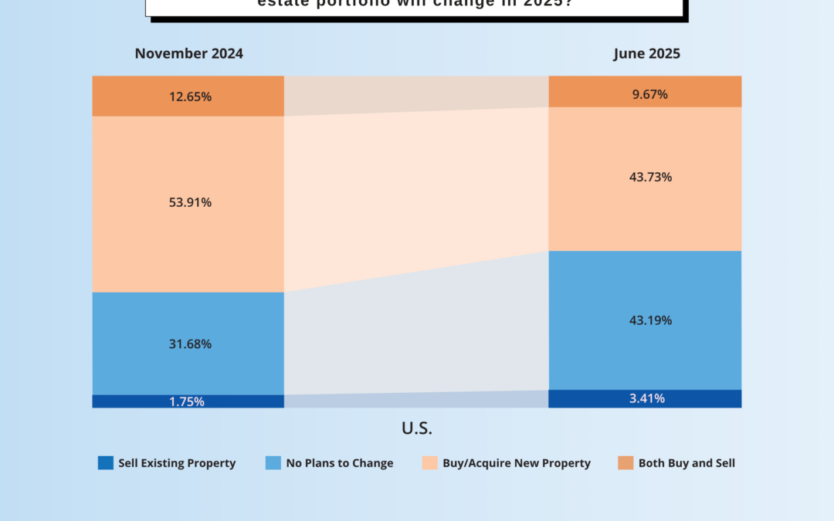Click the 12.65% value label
pos(190,96)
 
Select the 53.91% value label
pos(190,202)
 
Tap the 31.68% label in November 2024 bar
pos(190,343)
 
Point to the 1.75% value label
pos(186,401)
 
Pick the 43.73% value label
pos(650,177)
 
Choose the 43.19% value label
pos(650,320)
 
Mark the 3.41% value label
pos(646,399)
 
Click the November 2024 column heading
pos(189,54)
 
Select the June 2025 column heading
pos(647,54)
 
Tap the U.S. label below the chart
pos(417,428)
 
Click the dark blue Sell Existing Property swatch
pos(105,463)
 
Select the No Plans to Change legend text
pos(340,463)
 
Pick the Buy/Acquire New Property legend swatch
pos(429,463)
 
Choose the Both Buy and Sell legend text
pos(687,463)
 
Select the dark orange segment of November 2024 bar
pos(124,96)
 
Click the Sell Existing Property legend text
pos(177,463)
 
